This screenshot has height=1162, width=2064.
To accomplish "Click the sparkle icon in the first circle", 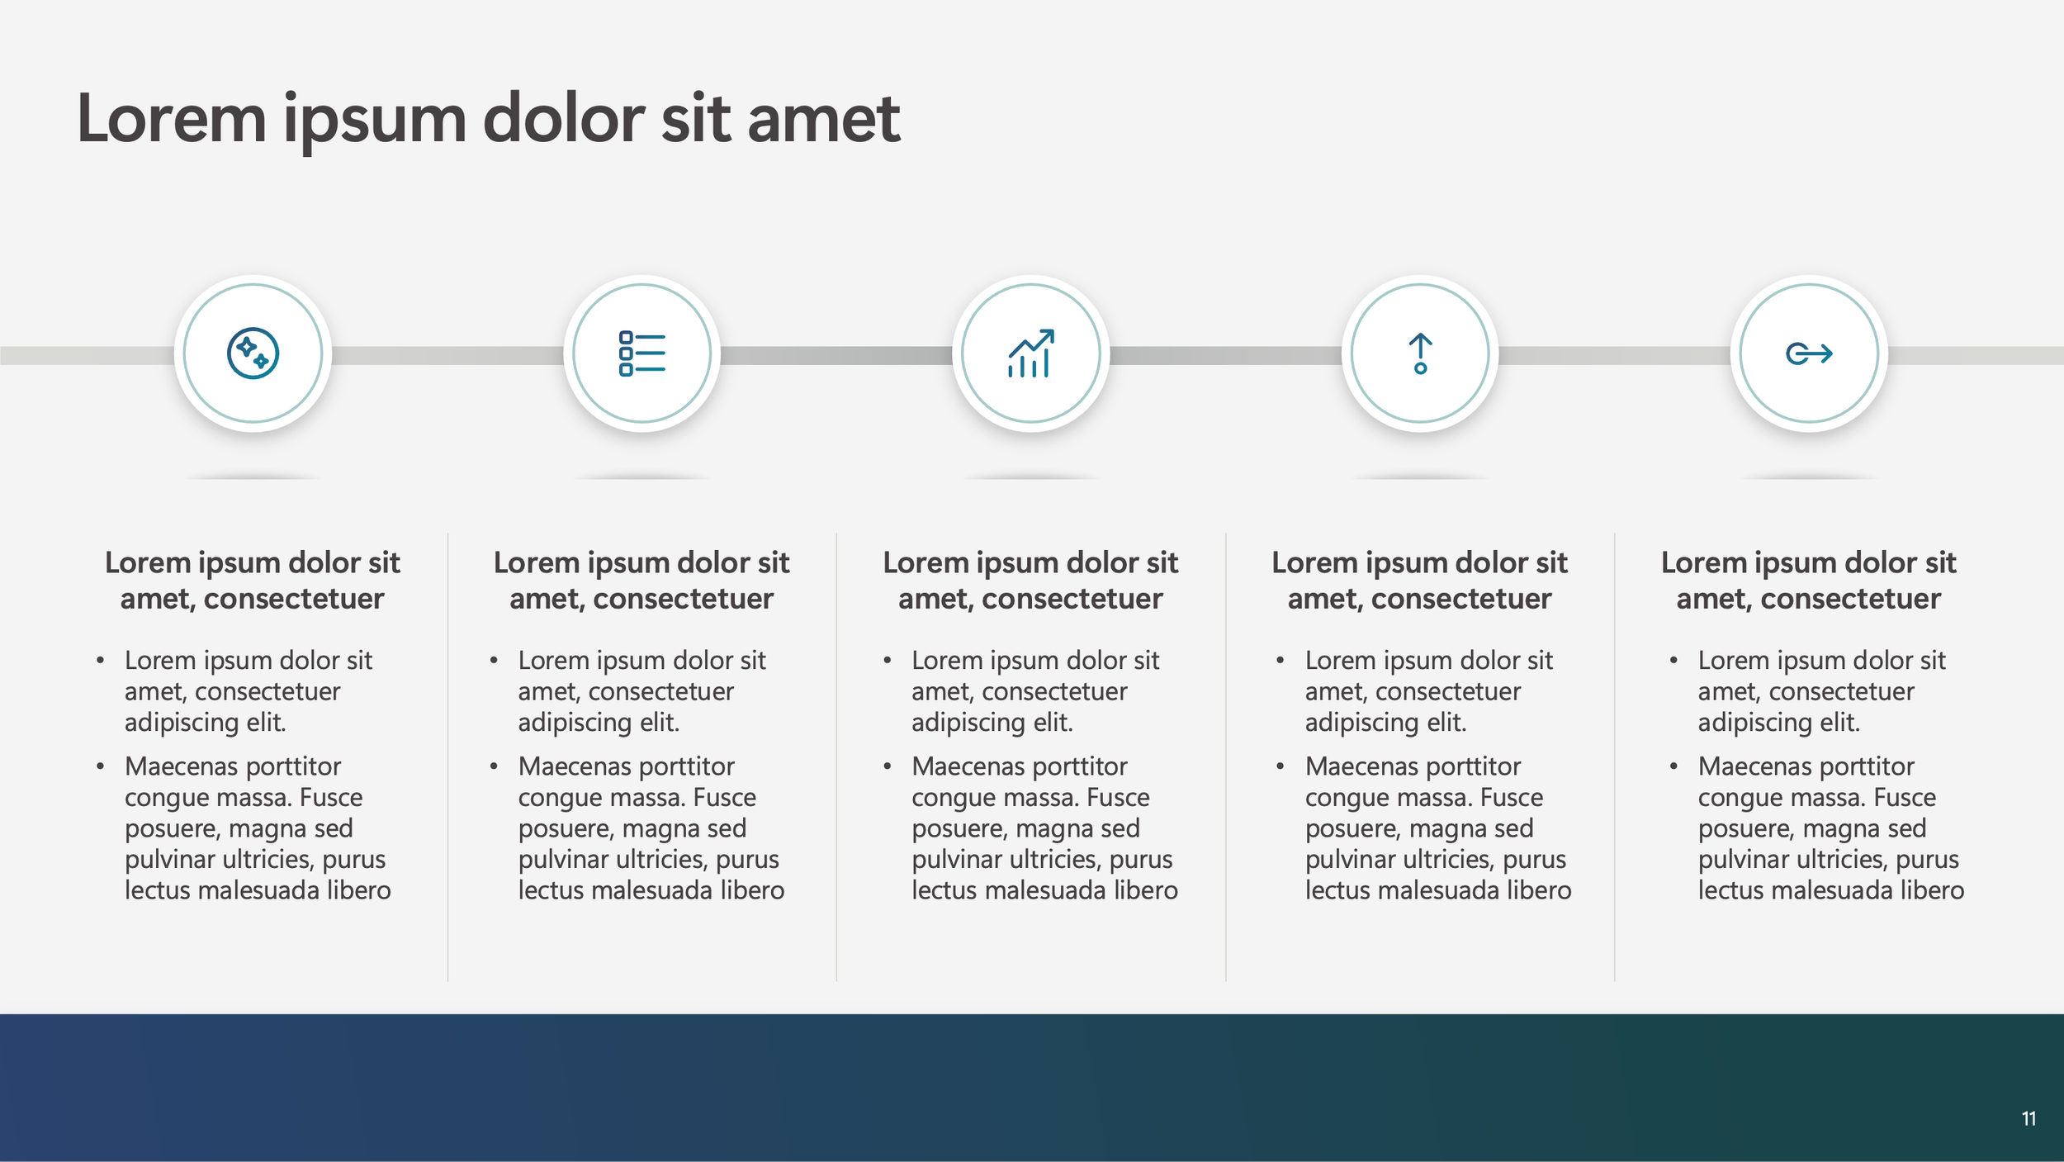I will click(x=253, y=353).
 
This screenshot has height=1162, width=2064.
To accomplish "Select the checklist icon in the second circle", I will click(x=641, y=353).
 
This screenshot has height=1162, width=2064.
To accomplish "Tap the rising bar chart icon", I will click(x=1030, y=353).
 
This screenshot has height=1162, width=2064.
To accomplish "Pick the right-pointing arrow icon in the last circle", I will click(x=1809, y=353).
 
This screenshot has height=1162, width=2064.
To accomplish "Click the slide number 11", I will click(x=2028, y=1119).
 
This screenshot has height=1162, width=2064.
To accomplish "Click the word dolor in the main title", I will click(x=562, y=119).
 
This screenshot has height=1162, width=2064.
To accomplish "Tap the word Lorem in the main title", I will click(x=171, y=119).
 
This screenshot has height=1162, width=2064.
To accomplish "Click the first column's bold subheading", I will click(x=253, y=581).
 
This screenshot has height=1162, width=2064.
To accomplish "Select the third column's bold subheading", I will click(x=1030, y=581).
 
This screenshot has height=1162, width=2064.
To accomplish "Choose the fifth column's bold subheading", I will click(x=1809, y=581).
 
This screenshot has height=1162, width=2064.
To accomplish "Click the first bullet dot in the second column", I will click(x=494, y=661).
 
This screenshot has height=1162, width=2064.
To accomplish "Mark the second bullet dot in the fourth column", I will click(x=1280, y=767).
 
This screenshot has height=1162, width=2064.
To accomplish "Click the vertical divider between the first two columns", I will click(x=447, y=756).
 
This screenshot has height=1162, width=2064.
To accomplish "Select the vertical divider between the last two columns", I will click(x=1615, y=756).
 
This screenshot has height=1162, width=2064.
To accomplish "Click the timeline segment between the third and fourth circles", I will click(x=1226, y=355).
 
